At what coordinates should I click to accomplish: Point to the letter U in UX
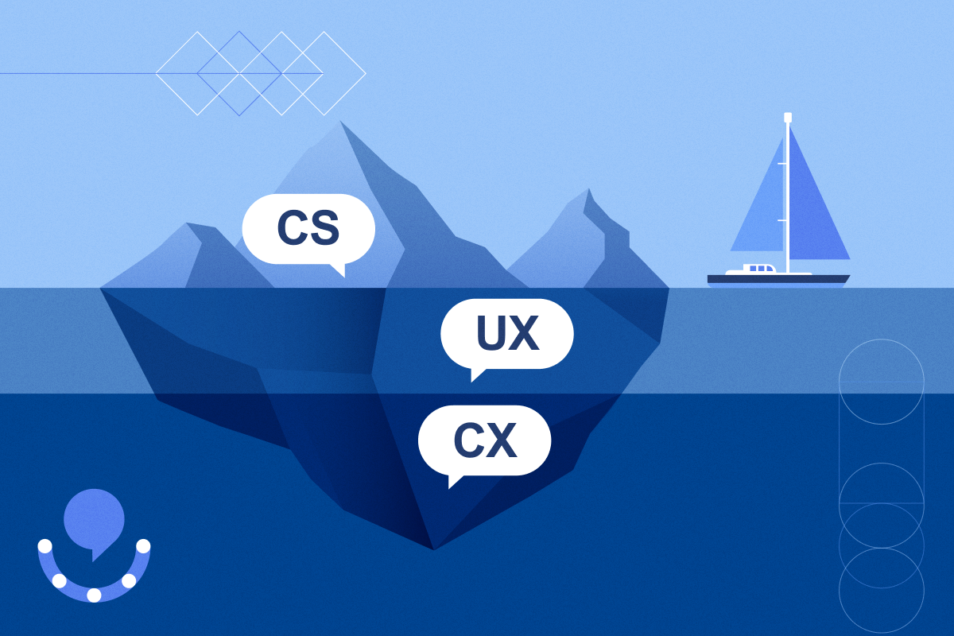[x=491, y=334]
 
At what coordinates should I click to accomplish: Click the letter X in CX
[x=502, y=440]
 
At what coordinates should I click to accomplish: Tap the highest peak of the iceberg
[x=342, y=123]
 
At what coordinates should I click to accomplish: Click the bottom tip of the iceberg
[x=433, y=548]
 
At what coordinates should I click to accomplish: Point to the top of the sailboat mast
[x=788, y=118]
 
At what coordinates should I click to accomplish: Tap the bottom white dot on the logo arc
[x=94, y=595]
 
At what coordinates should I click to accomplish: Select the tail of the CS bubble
[x=339, y=270]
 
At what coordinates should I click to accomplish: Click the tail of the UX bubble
[x=476, y=374]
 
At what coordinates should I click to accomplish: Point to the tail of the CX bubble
[x=454, y=481]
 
